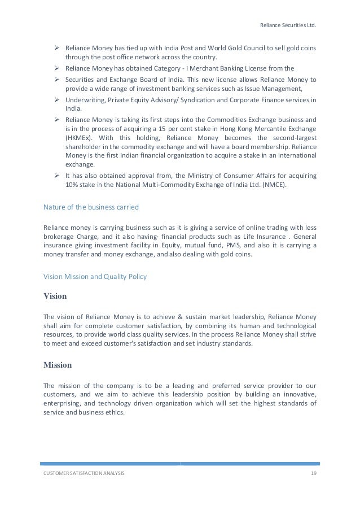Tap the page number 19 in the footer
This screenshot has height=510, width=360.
click(313, 472)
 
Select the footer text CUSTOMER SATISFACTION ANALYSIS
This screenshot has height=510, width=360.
click(84, 472)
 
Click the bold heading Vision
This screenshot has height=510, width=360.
click(55, 296)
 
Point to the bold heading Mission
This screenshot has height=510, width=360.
click(58, 364)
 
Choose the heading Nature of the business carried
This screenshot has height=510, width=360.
click(91, 207)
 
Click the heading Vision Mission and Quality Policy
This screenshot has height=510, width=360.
click(96, 277)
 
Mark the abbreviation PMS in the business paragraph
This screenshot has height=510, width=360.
click(216, 246)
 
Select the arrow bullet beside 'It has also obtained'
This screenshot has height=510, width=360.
click(57, 175)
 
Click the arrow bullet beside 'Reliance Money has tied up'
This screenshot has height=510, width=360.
click(57, 48)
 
